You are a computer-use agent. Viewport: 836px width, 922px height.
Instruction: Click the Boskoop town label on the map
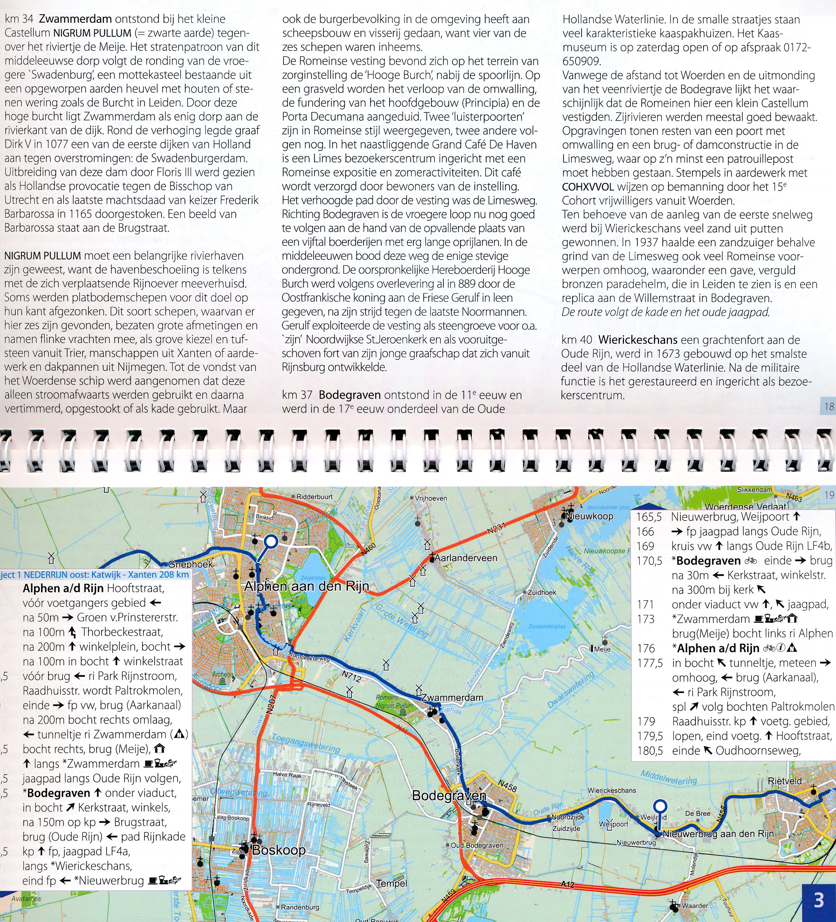[279, 850]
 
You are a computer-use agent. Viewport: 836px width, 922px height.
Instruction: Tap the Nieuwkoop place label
[590, 516]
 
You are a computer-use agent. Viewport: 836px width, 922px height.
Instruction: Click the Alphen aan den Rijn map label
[306, 586]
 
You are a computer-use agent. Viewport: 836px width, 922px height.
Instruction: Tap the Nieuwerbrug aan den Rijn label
[718, 834]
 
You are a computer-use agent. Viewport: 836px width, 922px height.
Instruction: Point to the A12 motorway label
[567, 885]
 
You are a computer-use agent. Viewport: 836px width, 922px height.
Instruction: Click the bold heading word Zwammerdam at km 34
[76, 19]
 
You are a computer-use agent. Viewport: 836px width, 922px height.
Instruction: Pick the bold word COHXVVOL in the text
[588, 187]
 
